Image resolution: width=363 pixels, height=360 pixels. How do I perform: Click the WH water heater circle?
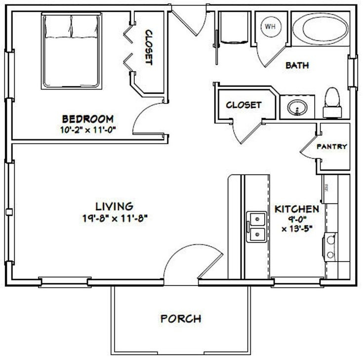(270, 26)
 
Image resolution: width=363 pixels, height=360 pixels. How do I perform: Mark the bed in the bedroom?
(71, 50)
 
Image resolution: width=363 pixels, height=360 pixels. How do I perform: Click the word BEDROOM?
(88, 119)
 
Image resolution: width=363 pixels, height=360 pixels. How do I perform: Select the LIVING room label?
(115, 206)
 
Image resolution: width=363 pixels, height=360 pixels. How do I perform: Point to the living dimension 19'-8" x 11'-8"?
(115, 217)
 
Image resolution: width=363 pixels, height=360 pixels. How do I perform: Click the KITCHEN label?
(297, 208)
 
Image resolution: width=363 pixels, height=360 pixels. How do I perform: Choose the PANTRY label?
(332, 146)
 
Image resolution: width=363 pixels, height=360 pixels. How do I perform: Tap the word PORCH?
(181, 318)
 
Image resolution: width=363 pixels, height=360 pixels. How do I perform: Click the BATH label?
(298, 65)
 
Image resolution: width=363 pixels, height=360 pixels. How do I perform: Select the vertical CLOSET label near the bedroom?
(148, 48)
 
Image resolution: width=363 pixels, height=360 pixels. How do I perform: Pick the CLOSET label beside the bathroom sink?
(243, 105)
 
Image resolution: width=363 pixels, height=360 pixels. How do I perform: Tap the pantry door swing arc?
(310, 148)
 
